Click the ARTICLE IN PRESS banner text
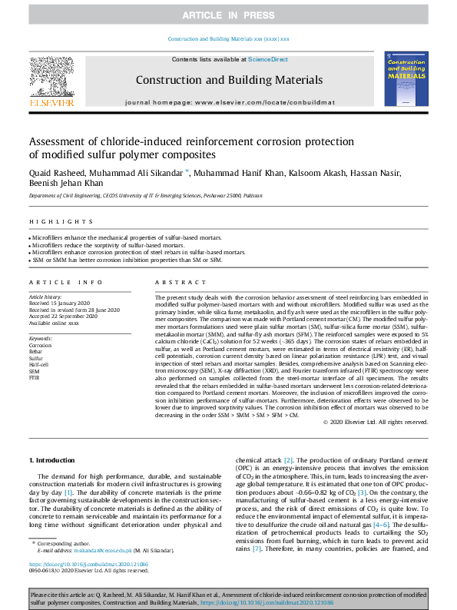click(x=228, y=15)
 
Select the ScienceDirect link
click(x=267, y=59)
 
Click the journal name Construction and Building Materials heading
click(x=229, y=80)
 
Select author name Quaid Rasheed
click(x=56, y=173)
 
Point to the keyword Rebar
click(x=36, y=352)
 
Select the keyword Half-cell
click(x=40, y=364)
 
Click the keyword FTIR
click(x=35, y=377)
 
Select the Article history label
click(x=47, y=297)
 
